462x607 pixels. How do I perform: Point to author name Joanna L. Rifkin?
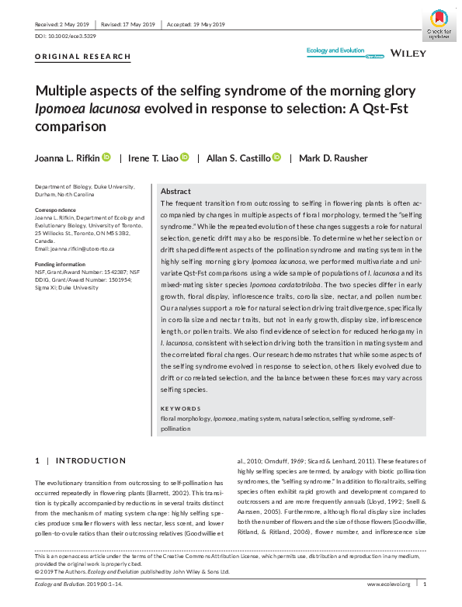click(67, 158)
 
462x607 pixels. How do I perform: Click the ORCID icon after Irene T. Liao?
click(185, 158)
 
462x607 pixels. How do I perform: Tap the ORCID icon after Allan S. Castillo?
click(276, 158)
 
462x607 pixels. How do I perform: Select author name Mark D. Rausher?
click(334, 158)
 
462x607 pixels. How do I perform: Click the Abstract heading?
click(175, 191)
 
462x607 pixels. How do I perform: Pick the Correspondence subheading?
click(58, 210)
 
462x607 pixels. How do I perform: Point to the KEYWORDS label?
click(179, 408)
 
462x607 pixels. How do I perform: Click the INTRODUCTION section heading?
click(90, 460)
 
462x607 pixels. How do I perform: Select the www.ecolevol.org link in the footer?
click(388, 584)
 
